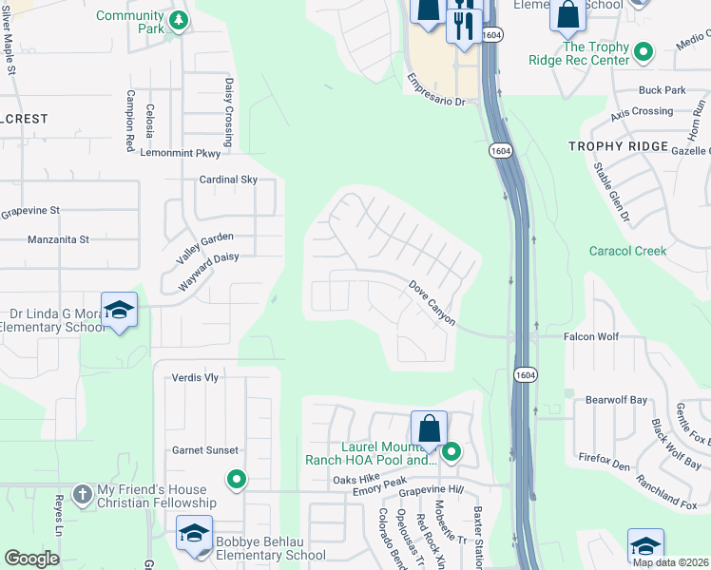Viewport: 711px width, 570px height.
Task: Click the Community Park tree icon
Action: pyautogui.click(x=178, y=21)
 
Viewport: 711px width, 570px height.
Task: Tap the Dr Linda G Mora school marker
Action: pyautogui.click(x=120, y=311)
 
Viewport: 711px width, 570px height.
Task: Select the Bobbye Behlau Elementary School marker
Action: pyautogui.click(x=194, y=535)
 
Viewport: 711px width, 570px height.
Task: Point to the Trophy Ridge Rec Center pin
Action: pyautogui.click(x=644, y=52)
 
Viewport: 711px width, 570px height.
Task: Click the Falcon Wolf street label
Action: pyautogui.click(x=591, y=336)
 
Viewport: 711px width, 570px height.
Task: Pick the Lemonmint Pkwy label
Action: pyautogui.click(x=180, y=152)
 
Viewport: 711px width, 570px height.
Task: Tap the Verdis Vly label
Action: pyautogui.click(x=195, y=377)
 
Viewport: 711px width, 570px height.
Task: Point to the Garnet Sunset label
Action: pyautogui.click(x=204, y=450)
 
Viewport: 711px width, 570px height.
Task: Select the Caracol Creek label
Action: pyautogui.click(x=628, y=251)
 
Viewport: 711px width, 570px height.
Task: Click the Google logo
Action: pyautogui.click(x=31, y=559)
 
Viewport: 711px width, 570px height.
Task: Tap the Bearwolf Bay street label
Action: pyautogui.click(x=616, y=400)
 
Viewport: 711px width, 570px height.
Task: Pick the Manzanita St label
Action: pyautogui.click(x=58, y=240)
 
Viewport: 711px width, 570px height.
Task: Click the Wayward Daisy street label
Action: pyautogui.click(x=207, y=271)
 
